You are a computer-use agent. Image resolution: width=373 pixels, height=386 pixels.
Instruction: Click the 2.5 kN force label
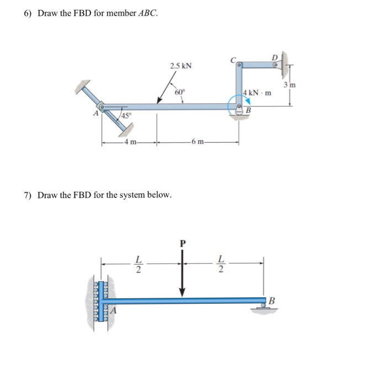(x=180, y=66)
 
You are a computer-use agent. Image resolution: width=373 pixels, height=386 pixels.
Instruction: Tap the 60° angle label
(x=179, y=92)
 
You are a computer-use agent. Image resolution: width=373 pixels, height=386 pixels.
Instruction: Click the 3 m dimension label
(x=290, y=85)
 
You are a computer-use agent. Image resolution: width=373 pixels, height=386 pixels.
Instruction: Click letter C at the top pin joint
(x=234, y=59)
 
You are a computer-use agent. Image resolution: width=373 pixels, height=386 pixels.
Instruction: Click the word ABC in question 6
(x=146, y=13)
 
